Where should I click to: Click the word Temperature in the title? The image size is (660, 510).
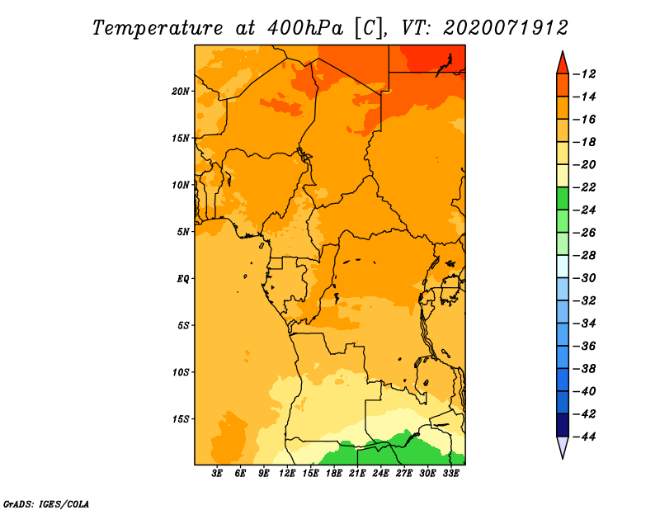(158, 28)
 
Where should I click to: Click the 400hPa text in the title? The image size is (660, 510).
(305, 28)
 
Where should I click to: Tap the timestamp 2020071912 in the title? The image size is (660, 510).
(506, 28)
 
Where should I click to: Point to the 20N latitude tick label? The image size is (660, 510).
(181, 92)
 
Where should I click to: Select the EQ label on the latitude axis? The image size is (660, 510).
(183, 279)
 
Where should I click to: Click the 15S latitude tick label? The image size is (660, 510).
(181, 419)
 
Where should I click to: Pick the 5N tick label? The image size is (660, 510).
(183, 232)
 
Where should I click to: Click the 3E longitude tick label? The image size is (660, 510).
(217, 474)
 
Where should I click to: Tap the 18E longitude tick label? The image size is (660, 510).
(334, 474)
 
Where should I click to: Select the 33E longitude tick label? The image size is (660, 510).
(450, 474)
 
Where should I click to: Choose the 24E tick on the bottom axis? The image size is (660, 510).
(380, 474)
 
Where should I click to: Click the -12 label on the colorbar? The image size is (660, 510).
(585, 74)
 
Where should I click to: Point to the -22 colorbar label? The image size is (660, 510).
(585, 187)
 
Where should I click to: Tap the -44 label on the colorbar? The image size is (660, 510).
(585, 437)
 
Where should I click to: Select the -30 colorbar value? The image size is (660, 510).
(585, 278)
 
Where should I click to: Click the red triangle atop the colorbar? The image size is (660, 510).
(563, 64)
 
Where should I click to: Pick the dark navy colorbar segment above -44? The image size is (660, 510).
(563, 425)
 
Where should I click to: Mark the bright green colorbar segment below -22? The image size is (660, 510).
(563, 199)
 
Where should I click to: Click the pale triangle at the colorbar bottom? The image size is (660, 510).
(563, 446)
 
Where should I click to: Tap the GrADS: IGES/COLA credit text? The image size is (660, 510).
(46, 504)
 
